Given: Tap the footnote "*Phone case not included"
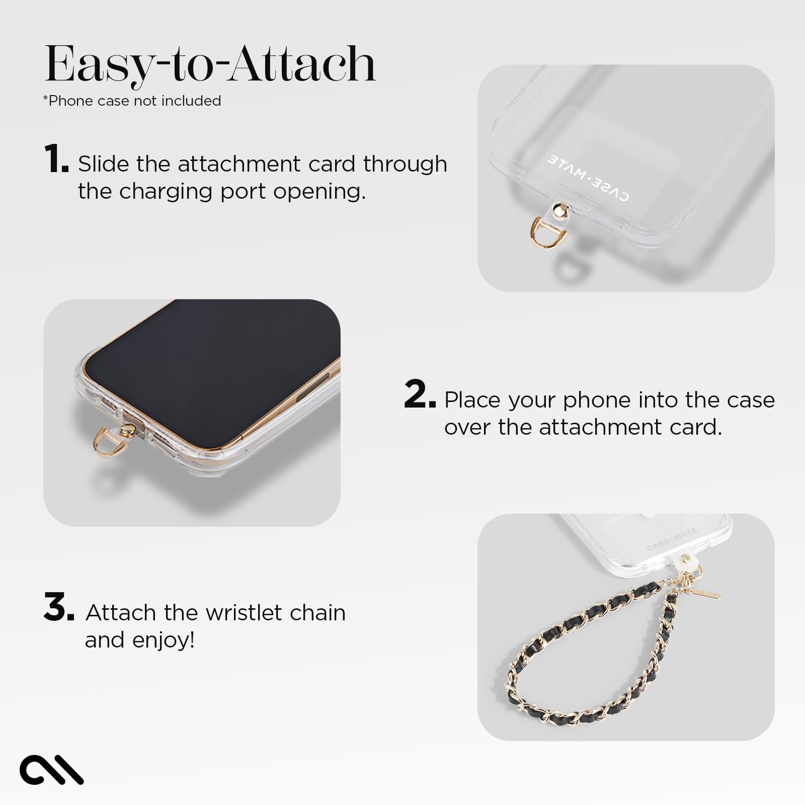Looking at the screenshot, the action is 132,101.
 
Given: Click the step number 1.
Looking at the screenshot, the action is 56,158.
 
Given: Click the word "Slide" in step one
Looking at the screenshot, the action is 103,164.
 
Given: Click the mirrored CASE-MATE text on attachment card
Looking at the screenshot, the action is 588,178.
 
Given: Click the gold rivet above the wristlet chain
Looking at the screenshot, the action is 685,559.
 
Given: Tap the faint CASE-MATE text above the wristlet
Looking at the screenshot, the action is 672,539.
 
